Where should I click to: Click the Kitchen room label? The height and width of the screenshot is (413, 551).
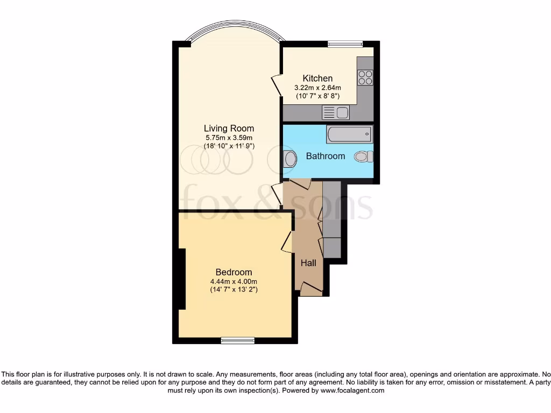[317, 79]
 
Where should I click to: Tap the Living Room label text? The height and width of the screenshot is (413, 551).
[229, 129]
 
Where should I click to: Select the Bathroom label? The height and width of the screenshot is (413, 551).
[325, 156]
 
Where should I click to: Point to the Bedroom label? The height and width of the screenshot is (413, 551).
[234, 272]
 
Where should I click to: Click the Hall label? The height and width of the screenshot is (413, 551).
[308, 263]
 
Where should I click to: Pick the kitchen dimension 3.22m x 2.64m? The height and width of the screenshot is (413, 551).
[317, 88]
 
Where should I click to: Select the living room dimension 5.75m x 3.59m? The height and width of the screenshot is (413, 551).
[229, 138]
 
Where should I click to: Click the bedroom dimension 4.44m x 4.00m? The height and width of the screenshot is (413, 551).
[234, 281]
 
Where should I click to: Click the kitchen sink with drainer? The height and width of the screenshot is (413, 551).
[335, 112]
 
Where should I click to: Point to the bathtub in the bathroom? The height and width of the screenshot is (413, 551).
[349, 132]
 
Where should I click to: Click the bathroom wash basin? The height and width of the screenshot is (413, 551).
[290, 159]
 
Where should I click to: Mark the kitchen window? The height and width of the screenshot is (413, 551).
[345, 44]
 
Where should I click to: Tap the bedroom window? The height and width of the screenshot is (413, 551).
[237, 340]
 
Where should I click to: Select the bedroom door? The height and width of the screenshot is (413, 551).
[287, 241]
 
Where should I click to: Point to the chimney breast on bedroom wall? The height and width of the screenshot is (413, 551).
[182, 279]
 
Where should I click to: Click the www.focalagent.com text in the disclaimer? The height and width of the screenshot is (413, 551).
[352, 390]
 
